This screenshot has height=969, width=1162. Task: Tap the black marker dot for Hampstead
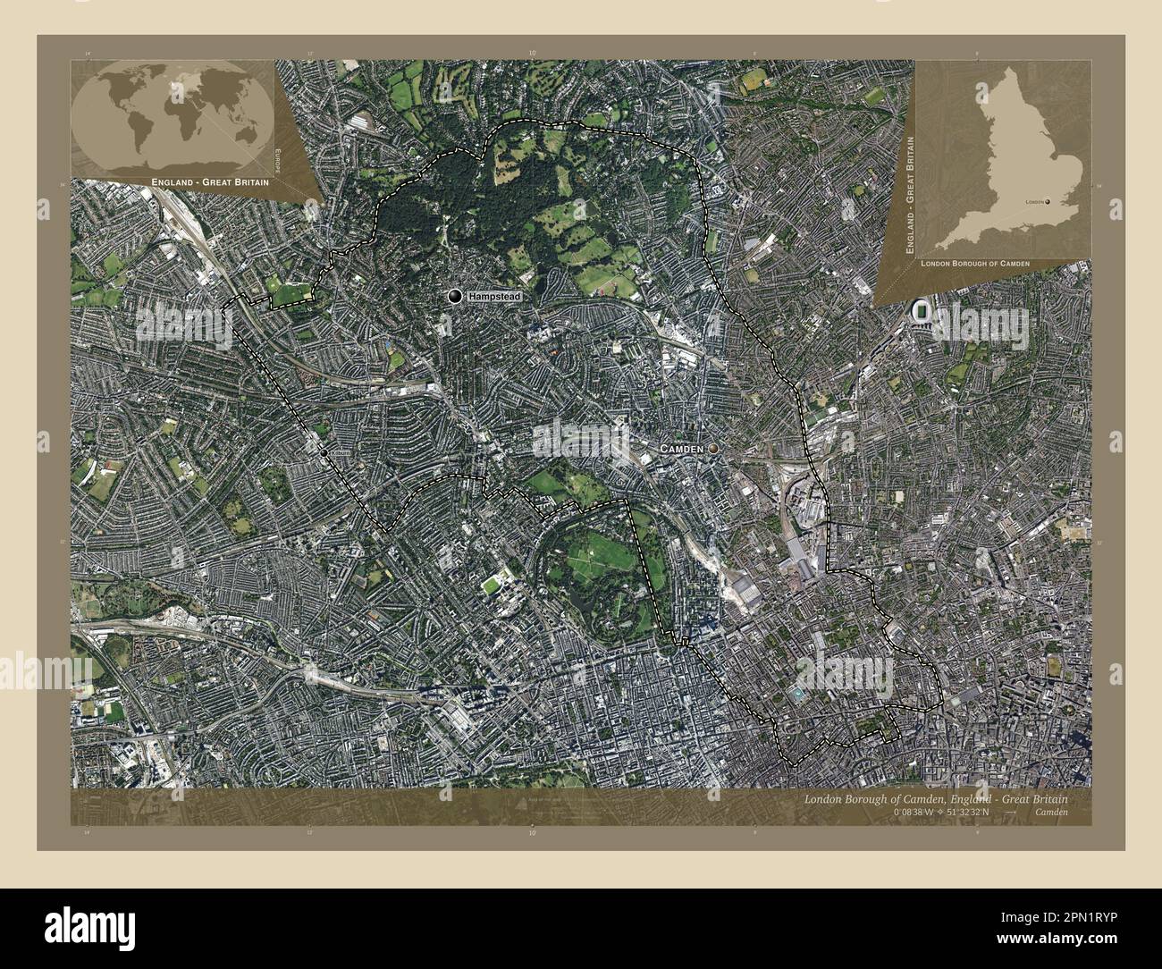[457, 296]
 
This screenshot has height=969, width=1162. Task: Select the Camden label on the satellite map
[681, 448]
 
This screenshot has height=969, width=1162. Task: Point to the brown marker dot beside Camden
[713, 448]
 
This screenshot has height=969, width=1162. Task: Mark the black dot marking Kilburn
[324, 453]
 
